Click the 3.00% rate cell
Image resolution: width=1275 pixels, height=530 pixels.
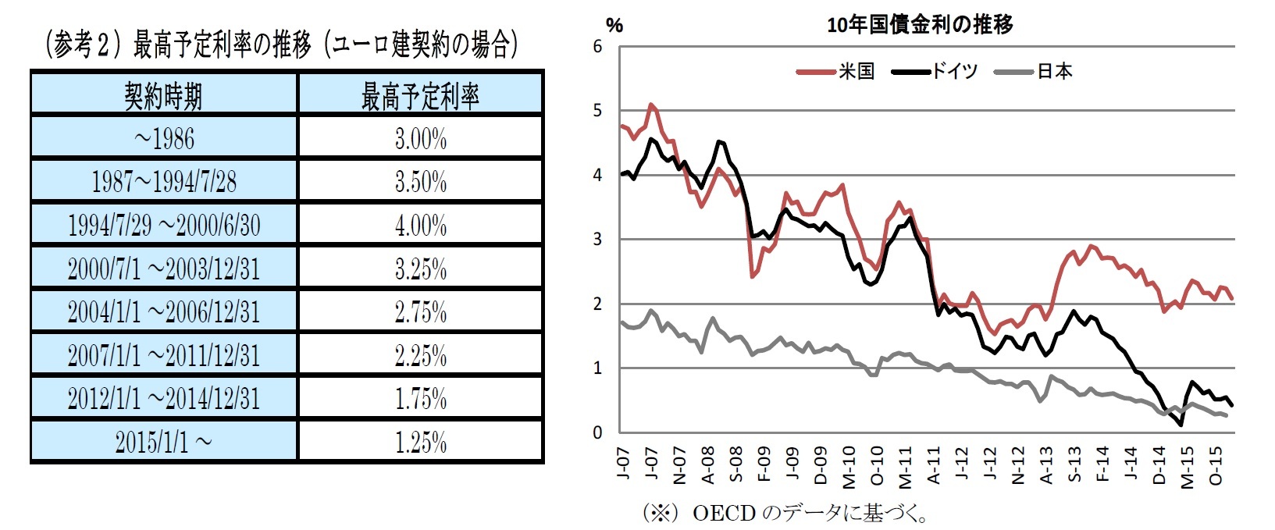point(420,139)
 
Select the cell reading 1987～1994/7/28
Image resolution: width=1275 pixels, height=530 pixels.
point(164,182)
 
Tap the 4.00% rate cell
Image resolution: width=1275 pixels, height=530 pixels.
point(420,226)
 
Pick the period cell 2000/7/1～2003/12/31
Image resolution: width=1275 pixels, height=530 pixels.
point(164,269)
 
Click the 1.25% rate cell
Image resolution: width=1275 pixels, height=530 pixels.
point(420,443)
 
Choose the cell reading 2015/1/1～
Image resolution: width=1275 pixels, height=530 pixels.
point(164,443)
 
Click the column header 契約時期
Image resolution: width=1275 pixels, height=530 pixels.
point(164,96)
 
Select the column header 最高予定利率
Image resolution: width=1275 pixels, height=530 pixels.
point(420,96)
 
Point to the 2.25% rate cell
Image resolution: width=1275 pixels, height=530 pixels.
point(420,356)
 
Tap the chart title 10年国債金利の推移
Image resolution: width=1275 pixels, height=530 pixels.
point(920,25)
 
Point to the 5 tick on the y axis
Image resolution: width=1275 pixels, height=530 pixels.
point(598,111)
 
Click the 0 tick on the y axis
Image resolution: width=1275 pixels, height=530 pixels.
point(598,432)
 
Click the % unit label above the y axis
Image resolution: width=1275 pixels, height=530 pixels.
point(614,26)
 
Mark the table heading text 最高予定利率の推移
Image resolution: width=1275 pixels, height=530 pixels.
point(222,45)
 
